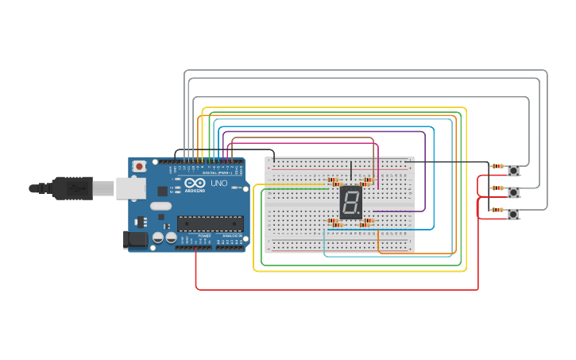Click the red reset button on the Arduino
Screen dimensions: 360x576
[140, 166]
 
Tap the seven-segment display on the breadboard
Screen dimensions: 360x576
[351, 203]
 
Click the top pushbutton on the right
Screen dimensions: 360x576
[514, 170]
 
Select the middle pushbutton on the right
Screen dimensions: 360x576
[514, 192]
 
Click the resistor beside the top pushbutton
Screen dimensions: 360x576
[497, 166]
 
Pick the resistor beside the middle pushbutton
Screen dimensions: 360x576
[497, 188]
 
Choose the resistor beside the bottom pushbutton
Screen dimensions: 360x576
[497, 210]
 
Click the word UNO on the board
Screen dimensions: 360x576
[218, 184]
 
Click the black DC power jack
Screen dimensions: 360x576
[135, 239]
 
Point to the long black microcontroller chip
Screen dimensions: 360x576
[210, 226]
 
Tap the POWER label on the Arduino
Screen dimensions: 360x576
[204, 236]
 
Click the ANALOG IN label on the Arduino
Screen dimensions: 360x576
[232, 236]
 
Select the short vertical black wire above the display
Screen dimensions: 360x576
[351, 172]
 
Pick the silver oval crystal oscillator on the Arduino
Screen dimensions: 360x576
[160, 207]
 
